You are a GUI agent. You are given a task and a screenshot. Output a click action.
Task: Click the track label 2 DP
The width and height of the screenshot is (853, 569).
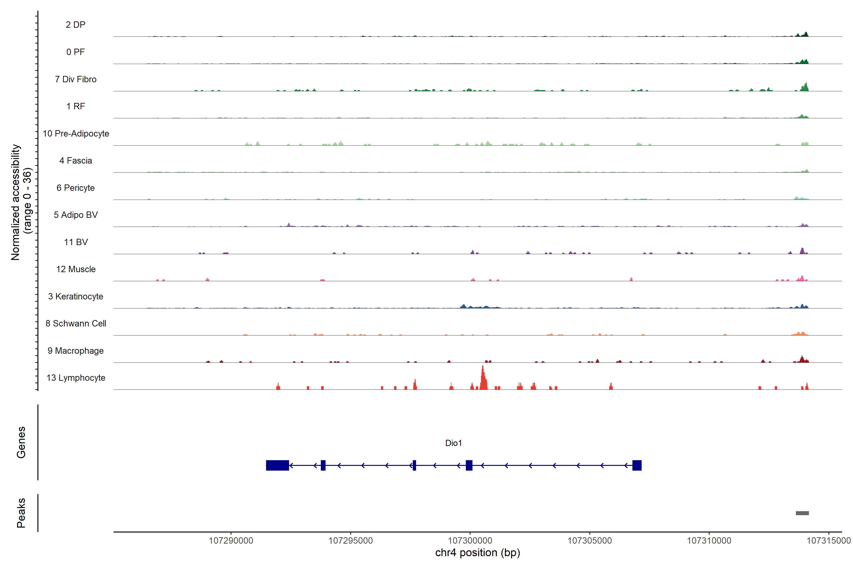[x=75, y=25]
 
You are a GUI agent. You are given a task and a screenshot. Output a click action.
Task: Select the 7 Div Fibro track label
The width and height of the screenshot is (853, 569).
[x=75, y=79]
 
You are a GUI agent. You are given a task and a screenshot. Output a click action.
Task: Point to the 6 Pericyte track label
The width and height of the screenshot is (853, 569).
[x=75, y=188]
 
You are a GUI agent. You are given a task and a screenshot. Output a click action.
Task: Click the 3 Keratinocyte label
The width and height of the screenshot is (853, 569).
[x=75, y=297]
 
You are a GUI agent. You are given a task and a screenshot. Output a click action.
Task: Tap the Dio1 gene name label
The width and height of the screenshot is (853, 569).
[x=453, y=443]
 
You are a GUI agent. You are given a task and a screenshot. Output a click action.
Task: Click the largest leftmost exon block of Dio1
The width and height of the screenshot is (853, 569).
[x=277, y=465]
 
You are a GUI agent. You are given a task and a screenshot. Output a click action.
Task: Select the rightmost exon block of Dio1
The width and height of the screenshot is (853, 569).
[x=637, y=465]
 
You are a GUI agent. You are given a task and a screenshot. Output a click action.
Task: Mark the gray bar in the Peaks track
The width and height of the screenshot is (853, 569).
[x=802, y=513]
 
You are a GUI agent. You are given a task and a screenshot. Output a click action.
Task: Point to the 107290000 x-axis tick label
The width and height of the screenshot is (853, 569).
[x=231, y=541]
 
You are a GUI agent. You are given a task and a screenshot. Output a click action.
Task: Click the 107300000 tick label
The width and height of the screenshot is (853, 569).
[x=470, y=541]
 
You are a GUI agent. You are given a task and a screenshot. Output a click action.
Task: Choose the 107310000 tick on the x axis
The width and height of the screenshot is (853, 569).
[x=709, y=541]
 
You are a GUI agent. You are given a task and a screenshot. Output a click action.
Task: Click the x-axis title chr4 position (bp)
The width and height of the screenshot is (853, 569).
[x=477, y=553]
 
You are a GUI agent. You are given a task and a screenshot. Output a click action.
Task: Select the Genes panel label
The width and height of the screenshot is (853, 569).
[x=21, y=442]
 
